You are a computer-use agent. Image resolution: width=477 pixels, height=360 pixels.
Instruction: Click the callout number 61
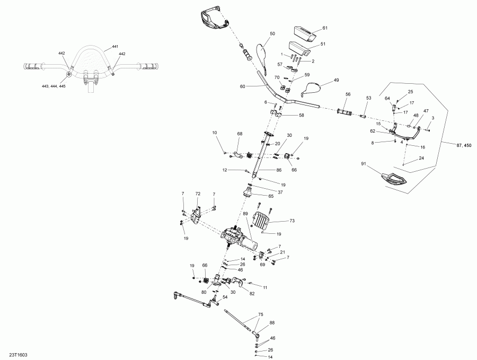click(325, 28)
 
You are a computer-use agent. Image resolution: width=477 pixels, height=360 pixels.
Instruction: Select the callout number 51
click(323, 45)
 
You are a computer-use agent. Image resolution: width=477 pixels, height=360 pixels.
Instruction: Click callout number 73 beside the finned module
click(291, 220)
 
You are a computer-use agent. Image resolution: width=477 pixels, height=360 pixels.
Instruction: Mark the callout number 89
click(245, 214)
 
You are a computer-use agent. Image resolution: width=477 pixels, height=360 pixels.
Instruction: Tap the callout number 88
click(272, 322)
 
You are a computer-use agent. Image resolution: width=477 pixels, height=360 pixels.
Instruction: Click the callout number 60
click(242, 86)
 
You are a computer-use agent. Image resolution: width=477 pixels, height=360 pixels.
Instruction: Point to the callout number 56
click(348, 94)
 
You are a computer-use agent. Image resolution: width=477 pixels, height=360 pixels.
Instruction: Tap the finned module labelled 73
click(263, 220)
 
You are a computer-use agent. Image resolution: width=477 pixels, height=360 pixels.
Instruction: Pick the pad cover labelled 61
click(305, 33)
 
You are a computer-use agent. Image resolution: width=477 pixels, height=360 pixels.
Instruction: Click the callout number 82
click(252, 293)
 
